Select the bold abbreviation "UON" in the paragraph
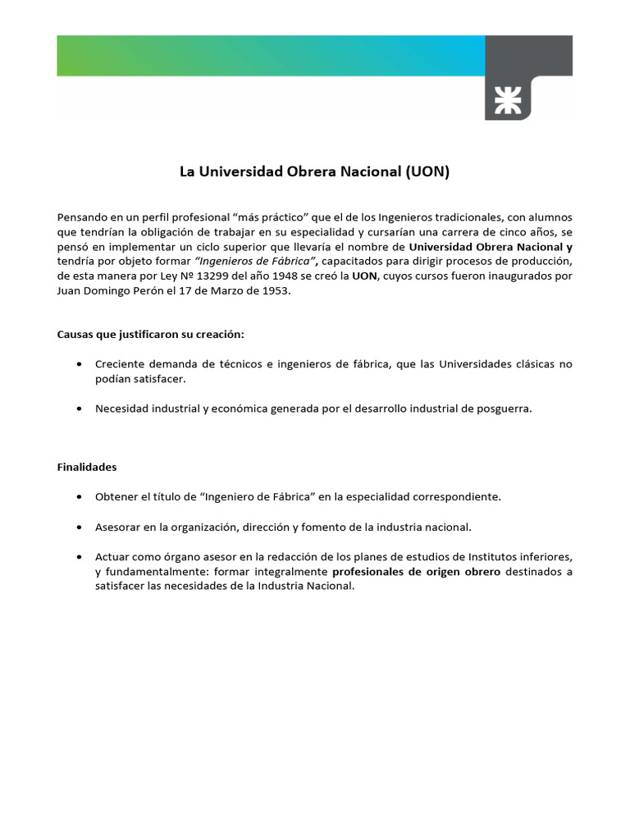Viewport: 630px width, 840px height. pos(364,276)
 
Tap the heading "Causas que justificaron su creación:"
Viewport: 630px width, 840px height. pos(150,334)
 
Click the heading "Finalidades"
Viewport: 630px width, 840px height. pos(87,467)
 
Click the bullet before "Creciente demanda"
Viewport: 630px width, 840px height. pos(77,364)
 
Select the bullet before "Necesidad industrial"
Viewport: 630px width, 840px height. pos(77,409)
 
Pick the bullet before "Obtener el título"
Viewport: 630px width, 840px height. pos(77,497)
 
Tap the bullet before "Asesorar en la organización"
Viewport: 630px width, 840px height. pos(77,527)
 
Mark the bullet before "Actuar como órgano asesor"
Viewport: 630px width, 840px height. pos(77,556)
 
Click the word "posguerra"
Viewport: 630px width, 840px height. pos(504,409)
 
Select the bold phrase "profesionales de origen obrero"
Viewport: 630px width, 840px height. pos(416,571)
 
